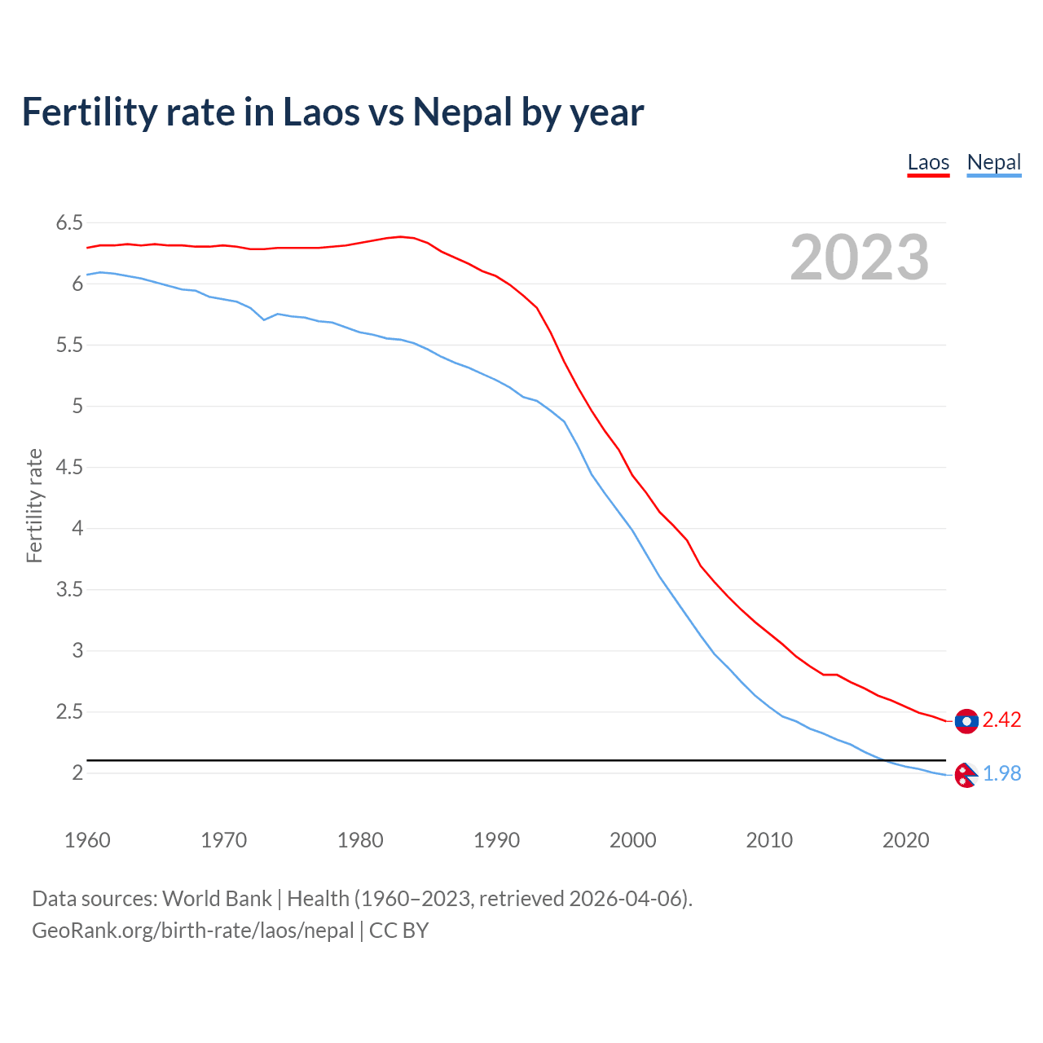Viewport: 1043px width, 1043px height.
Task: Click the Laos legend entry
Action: coord(928,162)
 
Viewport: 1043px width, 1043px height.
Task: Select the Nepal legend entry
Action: coord(993,162)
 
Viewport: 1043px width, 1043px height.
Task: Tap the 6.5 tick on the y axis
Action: coord(69,222)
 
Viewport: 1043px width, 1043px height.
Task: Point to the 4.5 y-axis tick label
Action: coord(69,467)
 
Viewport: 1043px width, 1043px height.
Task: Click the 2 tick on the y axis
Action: coord(78,772)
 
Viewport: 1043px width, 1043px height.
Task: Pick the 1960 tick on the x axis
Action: coord(87,840)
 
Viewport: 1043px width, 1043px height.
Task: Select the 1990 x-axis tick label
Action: coord(496,840)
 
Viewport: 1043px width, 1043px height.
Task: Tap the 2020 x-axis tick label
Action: coord(905,840)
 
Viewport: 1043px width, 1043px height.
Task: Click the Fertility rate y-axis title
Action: coord(34,505)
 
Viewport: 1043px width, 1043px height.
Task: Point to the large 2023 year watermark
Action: coord(859,257)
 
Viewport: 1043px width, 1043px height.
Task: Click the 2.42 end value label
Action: coord(1001,720)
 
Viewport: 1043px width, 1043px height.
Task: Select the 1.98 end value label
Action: coord(1001,773)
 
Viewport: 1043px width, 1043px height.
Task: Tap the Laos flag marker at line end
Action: coord(966,721)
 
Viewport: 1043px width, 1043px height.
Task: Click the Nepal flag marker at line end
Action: coord(966,776)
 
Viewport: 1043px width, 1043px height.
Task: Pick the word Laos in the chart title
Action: coord(319,112)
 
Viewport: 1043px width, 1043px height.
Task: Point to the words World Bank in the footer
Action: coord(217,899)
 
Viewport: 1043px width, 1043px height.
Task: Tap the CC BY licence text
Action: coord(398,931)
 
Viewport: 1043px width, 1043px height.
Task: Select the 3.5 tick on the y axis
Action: coord(69,589)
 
